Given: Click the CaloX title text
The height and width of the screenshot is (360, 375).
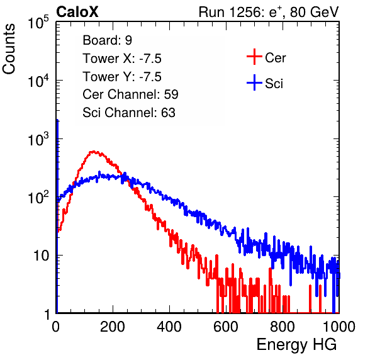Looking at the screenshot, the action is pos(77,12).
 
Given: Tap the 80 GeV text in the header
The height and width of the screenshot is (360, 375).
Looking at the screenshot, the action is pos(314,12).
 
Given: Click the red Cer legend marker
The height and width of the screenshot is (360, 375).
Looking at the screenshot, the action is pos(254,57).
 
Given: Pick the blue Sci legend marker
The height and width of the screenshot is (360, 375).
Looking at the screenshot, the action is pos(254,82).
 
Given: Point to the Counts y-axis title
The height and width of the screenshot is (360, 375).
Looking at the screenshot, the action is pos(9,48).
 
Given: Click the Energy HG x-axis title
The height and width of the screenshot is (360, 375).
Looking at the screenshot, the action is pos(296,345).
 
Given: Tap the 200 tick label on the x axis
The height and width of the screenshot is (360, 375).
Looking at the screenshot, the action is pos(113,327).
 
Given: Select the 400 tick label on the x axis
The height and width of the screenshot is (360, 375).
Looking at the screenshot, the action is pos(169,327).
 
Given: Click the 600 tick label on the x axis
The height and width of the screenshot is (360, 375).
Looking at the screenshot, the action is pos(226,327).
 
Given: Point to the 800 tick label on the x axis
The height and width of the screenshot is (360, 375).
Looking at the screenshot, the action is pos(283,327).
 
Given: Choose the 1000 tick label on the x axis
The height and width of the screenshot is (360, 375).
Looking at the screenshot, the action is pos(339,327).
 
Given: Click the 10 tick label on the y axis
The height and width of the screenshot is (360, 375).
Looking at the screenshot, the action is pos(41,256).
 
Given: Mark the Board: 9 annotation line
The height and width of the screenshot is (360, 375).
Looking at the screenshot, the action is pos(108,40).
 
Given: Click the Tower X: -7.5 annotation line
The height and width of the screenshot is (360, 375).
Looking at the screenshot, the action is pos(122,59).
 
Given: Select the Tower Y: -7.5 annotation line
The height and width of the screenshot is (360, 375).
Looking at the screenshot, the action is pos(122,77).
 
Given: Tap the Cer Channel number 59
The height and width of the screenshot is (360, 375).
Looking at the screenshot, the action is pos(171,94).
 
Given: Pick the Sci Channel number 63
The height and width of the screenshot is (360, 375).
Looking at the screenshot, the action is pos(168,113).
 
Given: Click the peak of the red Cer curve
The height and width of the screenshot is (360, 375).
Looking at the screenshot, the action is pos(94,152).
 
